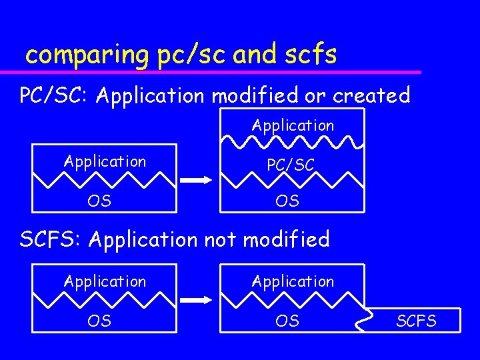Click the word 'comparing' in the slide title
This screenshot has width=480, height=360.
coord(86,55)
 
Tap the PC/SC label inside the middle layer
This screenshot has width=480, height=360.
coord(291,165)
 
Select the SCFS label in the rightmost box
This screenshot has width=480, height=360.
coord(417,321)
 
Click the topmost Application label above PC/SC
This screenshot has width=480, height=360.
coord(293,125)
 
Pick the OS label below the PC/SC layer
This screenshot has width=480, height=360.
coord(287,201)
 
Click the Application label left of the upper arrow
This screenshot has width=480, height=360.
coord(105,161)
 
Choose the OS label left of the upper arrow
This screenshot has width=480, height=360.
coord(99,201)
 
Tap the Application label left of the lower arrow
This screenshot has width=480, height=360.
coord(105,281)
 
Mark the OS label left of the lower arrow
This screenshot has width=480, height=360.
coord(99,321)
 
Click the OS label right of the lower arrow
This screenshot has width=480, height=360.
coord(287,321)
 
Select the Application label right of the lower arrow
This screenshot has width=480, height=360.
coord(293,281)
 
